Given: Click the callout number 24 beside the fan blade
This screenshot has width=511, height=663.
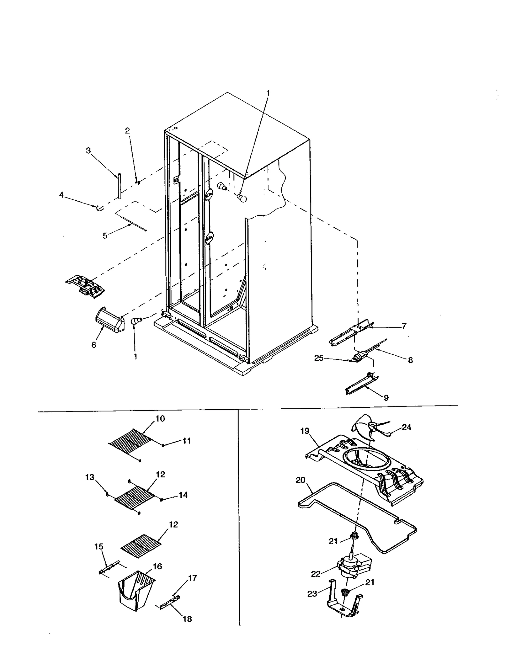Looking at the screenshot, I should (406, 427).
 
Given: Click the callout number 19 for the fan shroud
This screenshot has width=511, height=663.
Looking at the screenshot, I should (305, 431).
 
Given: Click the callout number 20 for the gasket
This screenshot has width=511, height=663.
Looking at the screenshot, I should (301, 480).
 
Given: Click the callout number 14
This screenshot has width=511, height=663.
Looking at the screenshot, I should (183, 495).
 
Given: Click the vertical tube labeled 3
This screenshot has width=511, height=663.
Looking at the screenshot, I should (119, 186).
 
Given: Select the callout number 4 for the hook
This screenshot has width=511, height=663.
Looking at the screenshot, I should (61, 195).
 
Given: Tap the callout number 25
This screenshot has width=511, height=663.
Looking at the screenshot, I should (319, 358).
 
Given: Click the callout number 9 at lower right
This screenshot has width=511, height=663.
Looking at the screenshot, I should (386, 398).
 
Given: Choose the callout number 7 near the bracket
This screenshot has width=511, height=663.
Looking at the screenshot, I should (404, 326).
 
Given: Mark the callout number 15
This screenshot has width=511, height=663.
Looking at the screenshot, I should (99, 547).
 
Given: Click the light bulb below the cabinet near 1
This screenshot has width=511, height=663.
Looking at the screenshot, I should (136, 320).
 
